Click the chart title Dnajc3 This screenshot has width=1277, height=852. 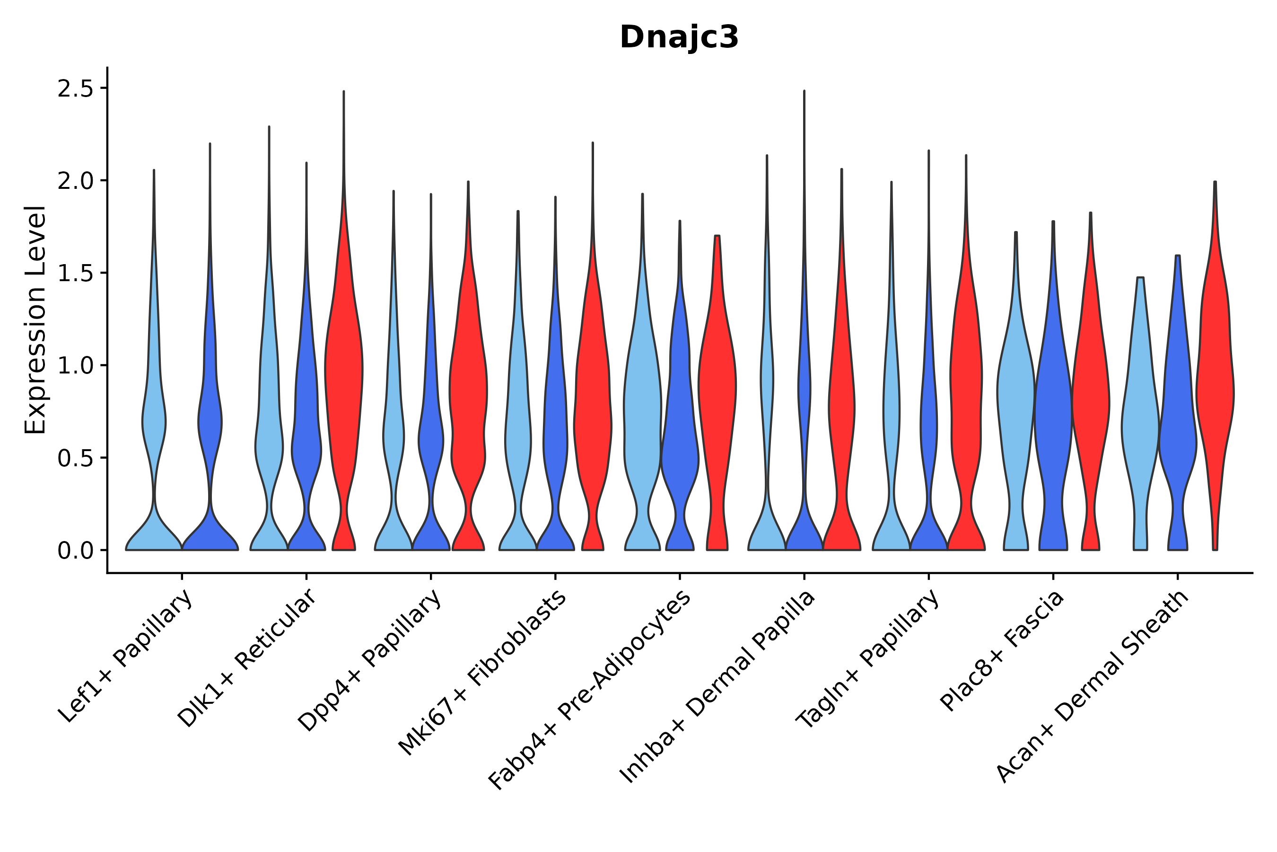pyautogui.click(x=679, y=37)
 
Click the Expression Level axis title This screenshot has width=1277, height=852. pyautogui.click(x=35, y=319)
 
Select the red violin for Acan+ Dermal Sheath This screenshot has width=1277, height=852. pyautogui.click(x=1215, y=381)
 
